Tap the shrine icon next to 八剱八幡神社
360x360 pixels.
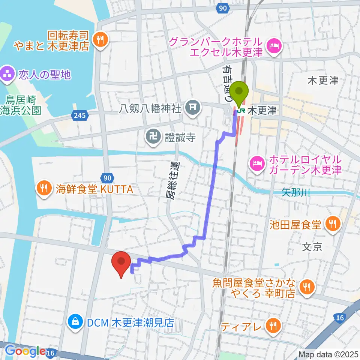pos(192,109)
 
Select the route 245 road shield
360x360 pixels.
pos(80,116)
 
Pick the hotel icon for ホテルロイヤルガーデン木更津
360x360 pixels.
pos(258,164)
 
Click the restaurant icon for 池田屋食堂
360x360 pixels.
pos(332,225)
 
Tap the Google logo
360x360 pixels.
pos(25,351)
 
